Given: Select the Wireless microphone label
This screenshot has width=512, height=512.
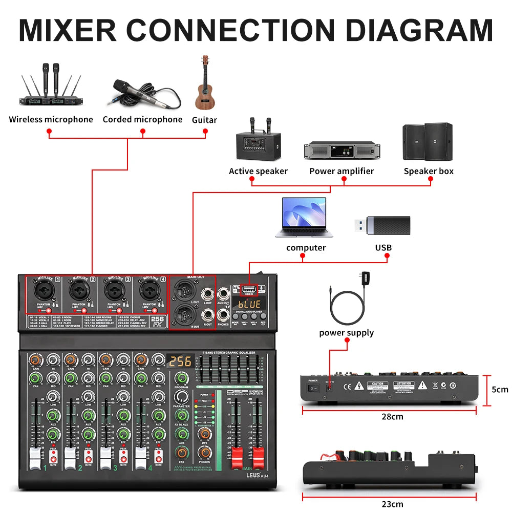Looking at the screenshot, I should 51,119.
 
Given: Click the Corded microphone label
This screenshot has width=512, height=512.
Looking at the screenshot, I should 142,119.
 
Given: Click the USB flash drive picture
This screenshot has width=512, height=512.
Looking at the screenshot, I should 382,225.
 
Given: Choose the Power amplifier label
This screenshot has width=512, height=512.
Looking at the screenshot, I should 342,171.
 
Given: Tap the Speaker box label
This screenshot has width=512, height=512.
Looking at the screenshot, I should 429,171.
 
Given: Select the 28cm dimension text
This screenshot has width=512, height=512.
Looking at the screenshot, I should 392,416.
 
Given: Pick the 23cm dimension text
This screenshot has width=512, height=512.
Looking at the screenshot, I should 392,504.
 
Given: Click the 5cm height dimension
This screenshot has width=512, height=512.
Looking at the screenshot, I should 499,389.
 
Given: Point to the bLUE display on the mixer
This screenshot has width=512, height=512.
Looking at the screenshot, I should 249,304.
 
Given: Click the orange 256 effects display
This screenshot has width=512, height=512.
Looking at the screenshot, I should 180,361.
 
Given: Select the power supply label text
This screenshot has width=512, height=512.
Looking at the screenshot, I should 346,333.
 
